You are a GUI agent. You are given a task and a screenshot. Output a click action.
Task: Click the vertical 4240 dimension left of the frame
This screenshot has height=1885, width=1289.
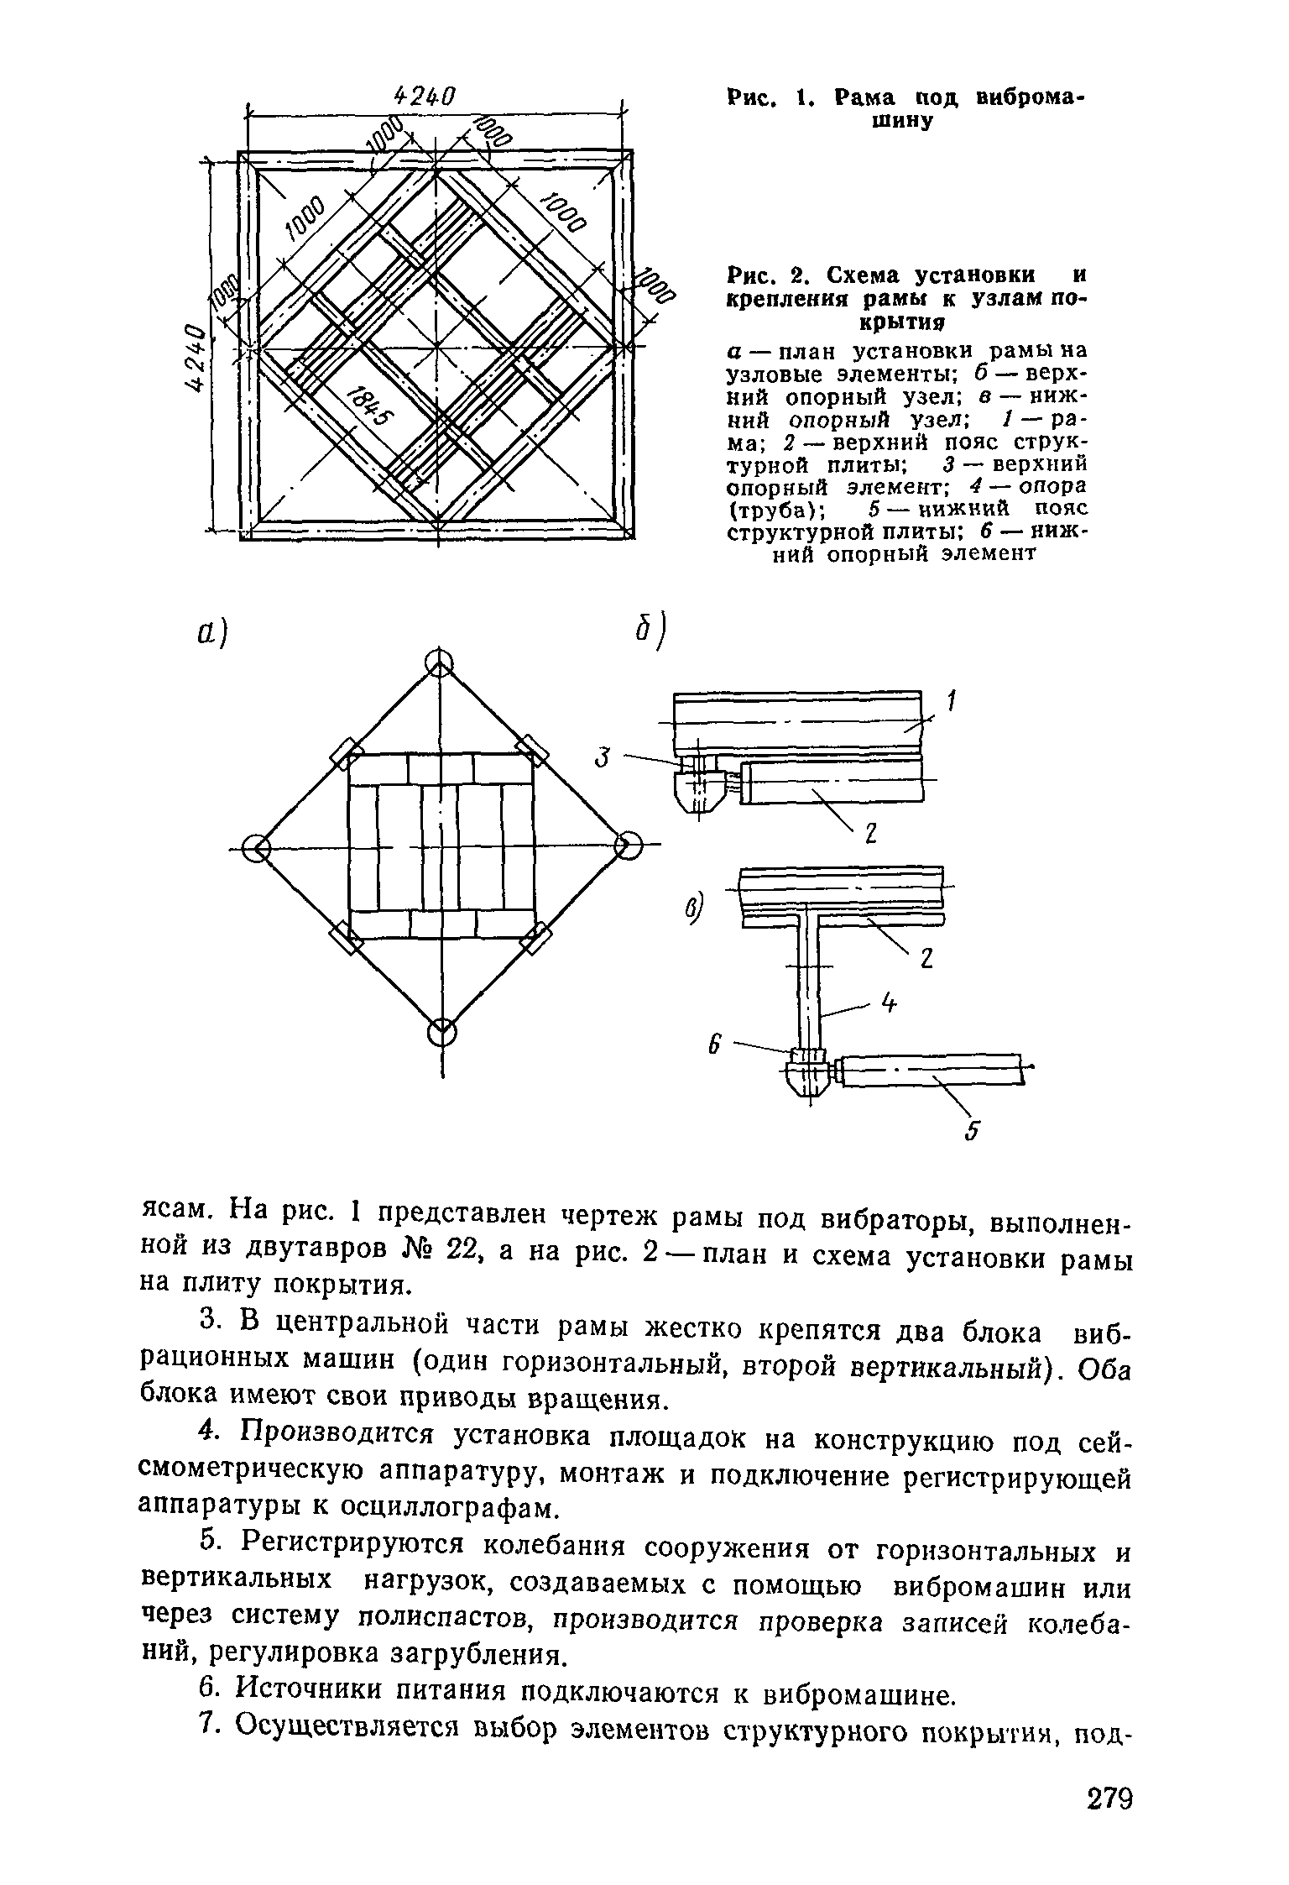coord(195,357)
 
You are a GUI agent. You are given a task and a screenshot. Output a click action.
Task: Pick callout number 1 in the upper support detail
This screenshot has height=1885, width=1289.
coord(951,702)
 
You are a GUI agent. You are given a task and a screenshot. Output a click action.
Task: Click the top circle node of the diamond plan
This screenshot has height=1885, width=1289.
coord(438,664)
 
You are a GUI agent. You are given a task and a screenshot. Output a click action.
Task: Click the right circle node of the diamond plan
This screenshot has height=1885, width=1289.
coord(627,845)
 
